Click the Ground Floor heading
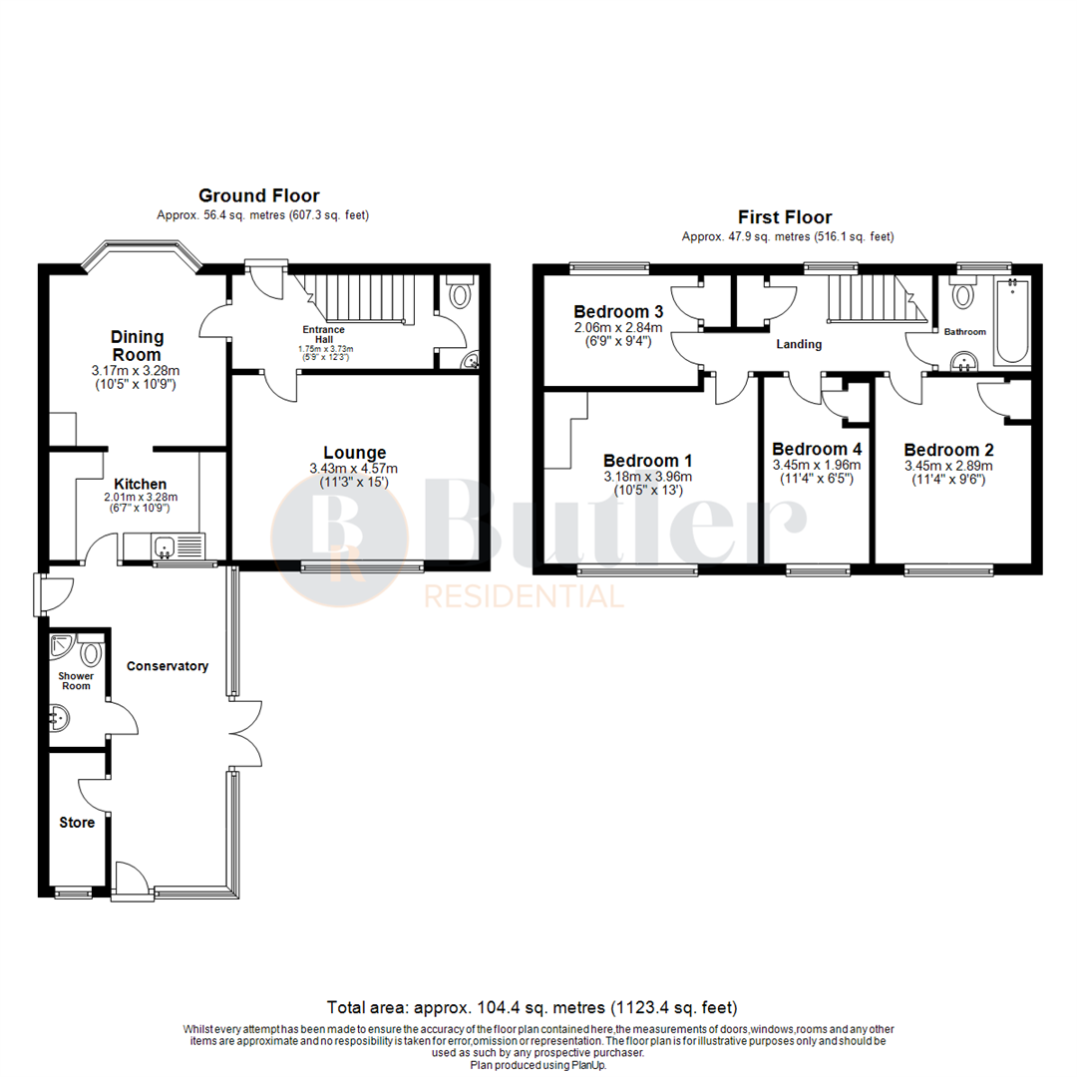click(258, 195)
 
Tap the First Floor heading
click(784, 216)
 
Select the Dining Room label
click(138, 346)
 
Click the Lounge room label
click(354, 453)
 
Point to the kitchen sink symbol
click(165, 545)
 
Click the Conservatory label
click(167, 666)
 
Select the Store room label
click(77, 823)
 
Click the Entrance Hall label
click(324, 335)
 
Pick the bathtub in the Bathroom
click(1011, 321)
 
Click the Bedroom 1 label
click(647, 461)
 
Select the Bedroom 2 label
click(947, 450)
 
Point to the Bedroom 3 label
click(618, 311)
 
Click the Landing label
click(799, 345)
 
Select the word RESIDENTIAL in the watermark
click(525, 596)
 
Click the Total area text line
click(533, 1007)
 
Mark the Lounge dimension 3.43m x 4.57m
click(354, 469)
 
